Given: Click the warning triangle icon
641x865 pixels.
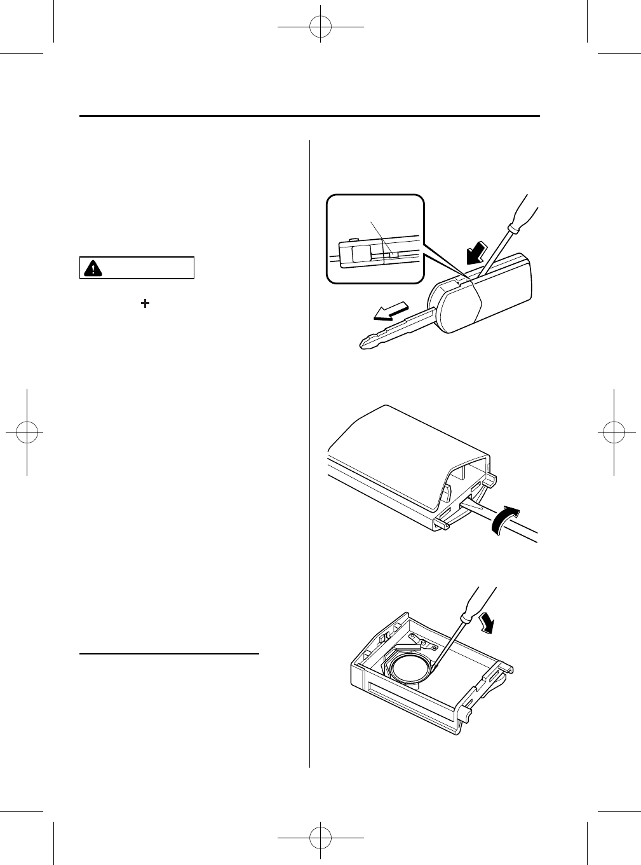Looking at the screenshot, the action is (93, 268).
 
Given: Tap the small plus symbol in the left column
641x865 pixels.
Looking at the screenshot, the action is (145, 305).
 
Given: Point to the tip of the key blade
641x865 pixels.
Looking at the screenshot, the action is (363, 343).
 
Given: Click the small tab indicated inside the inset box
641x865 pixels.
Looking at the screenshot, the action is (394, 254).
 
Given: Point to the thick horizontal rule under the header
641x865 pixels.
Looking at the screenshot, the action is (310, 116).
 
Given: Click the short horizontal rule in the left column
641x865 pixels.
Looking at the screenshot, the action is (170, 653).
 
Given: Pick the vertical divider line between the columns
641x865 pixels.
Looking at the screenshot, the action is (310, 445).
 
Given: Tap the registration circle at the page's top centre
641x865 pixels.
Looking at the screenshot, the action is (321, 27).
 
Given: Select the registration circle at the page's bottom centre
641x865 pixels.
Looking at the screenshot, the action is (321, 838).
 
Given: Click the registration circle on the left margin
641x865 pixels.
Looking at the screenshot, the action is (27, 432).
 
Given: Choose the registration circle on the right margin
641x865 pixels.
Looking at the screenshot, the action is (614, 432).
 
